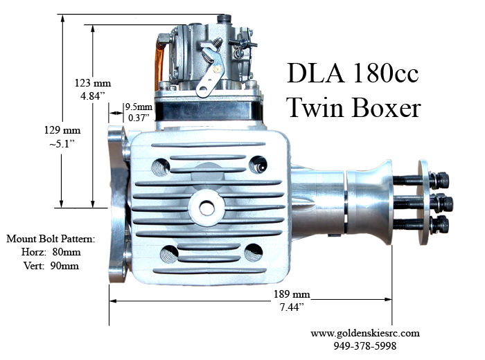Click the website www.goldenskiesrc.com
click(364, 332)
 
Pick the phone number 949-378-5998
click(364, 345)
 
